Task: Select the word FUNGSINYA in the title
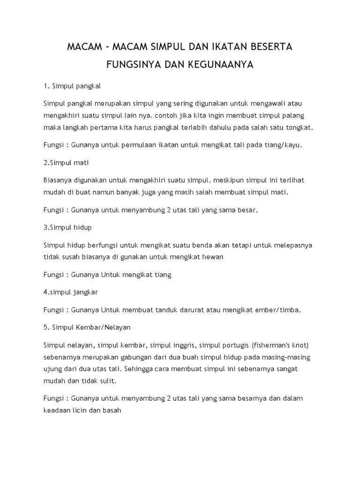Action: click(134, 65)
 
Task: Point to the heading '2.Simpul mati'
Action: click(66, 163)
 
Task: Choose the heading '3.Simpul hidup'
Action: click(67, 227)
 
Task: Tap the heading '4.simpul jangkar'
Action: click(70, 292)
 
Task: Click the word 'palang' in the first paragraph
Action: click(296, 115)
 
